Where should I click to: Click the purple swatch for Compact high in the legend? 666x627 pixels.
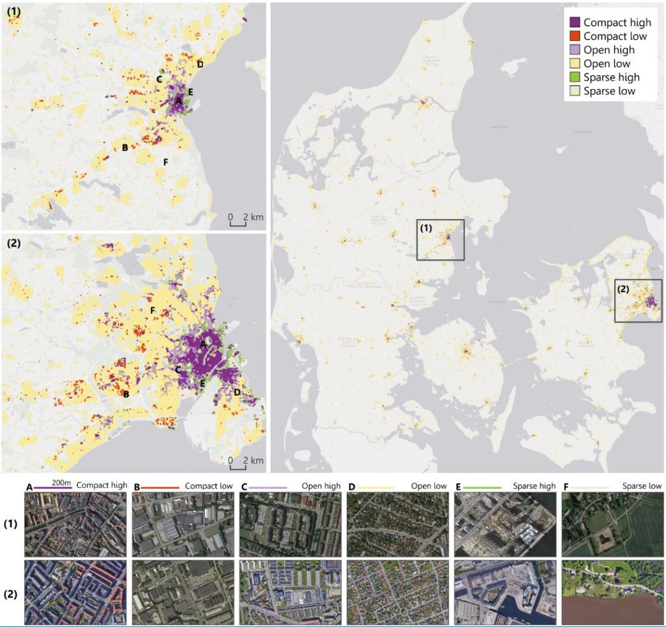[574, 23]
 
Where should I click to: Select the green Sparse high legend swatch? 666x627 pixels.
[574, 77]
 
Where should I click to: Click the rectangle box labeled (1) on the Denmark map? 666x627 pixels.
[440, 240]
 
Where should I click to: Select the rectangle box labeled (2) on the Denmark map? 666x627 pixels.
[638, 300]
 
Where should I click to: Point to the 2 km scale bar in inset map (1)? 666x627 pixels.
[237, 221]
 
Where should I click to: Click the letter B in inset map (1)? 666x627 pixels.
[125, 148]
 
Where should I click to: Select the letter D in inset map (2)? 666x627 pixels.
[237, 392]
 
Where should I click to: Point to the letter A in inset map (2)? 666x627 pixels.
[203, 343]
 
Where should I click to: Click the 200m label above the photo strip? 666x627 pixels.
[61, 483]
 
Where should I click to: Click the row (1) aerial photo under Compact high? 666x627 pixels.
[75, 524]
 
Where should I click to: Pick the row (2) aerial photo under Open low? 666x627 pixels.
[397, 591]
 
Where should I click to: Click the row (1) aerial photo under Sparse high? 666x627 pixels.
[505, 524]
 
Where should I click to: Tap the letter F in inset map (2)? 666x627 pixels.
[152, 310]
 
